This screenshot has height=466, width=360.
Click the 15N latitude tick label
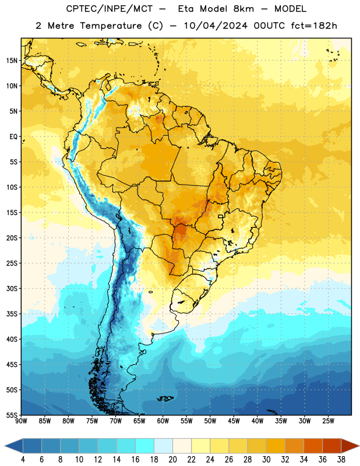[12, 61]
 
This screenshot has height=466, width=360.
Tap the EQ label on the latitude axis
[13, 137]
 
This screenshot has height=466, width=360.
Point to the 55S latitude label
[12, 415]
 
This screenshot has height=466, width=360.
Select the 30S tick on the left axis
[12, 288]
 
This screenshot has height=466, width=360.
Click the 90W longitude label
[21, 421]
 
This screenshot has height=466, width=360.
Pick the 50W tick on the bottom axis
[210, 421]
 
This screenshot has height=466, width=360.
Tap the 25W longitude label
[328, 421]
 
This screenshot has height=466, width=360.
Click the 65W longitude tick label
[139, 421]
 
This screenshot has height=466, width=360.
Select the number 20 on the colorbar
[172, 460]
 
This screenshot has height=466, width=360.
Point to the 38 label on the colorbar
[341, 460]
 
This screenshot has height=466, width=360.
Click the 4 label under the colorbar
[23, 460]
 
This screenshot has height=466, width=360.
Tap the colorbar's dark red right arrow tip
[359, 446]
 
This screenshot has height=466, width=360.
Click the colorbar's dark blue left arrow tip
[5, 446]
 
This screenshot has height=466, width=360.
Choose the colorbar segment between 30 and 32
[276, 446]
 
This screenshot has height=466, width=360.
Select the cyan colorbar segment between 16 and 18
[145, 446]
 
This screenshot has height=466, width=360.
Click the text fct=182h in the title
[314, 26]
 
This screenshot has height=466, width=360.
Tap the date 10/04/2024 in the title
[216, 26]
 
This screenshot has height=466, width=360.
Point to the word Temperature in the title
[111, 26]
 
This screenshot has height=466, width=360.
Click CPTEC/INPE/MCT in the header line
[110, 9]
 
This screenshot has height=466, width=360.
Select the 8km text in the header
[243, 9]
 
